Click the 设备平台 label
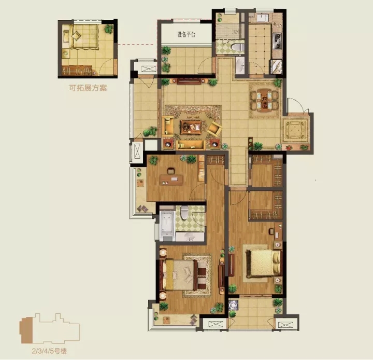[186, 35]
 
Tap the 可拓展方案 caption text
[88, 88]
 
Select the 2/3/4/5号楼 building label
[50, 351]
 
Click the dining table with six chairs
[264, 100]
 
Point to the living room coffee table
[191, 127]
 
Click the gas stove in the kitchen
[277, 41]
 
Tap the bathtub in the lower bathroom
[167, 225]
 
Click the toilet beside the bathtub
[184, 213]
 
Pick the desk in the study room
[171, 180]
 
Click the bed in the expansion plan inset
[83, 37]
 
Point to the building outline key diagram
[50, 328]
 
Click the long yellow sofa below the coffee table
[191, 145]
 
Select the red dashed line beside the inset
[137, 44]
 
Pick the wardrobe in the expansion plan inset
[77, 70]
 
